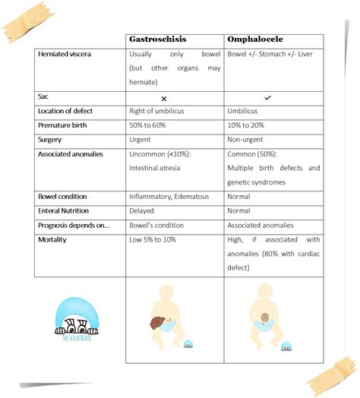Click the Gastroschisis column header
pyautogui.click(x=163, y=39)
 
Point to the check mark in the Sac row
pyautogui.click(x=267, y=98)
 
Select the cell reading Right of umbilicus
pyautogui.click(x=158, y=112)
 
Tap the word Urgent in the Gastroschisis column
pyautogui.click(x=141, y=140)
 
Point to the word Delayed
pyautogui.click(x=142, y=210)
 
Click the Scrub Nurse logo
pyautogui.click(x=75, y=318)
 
